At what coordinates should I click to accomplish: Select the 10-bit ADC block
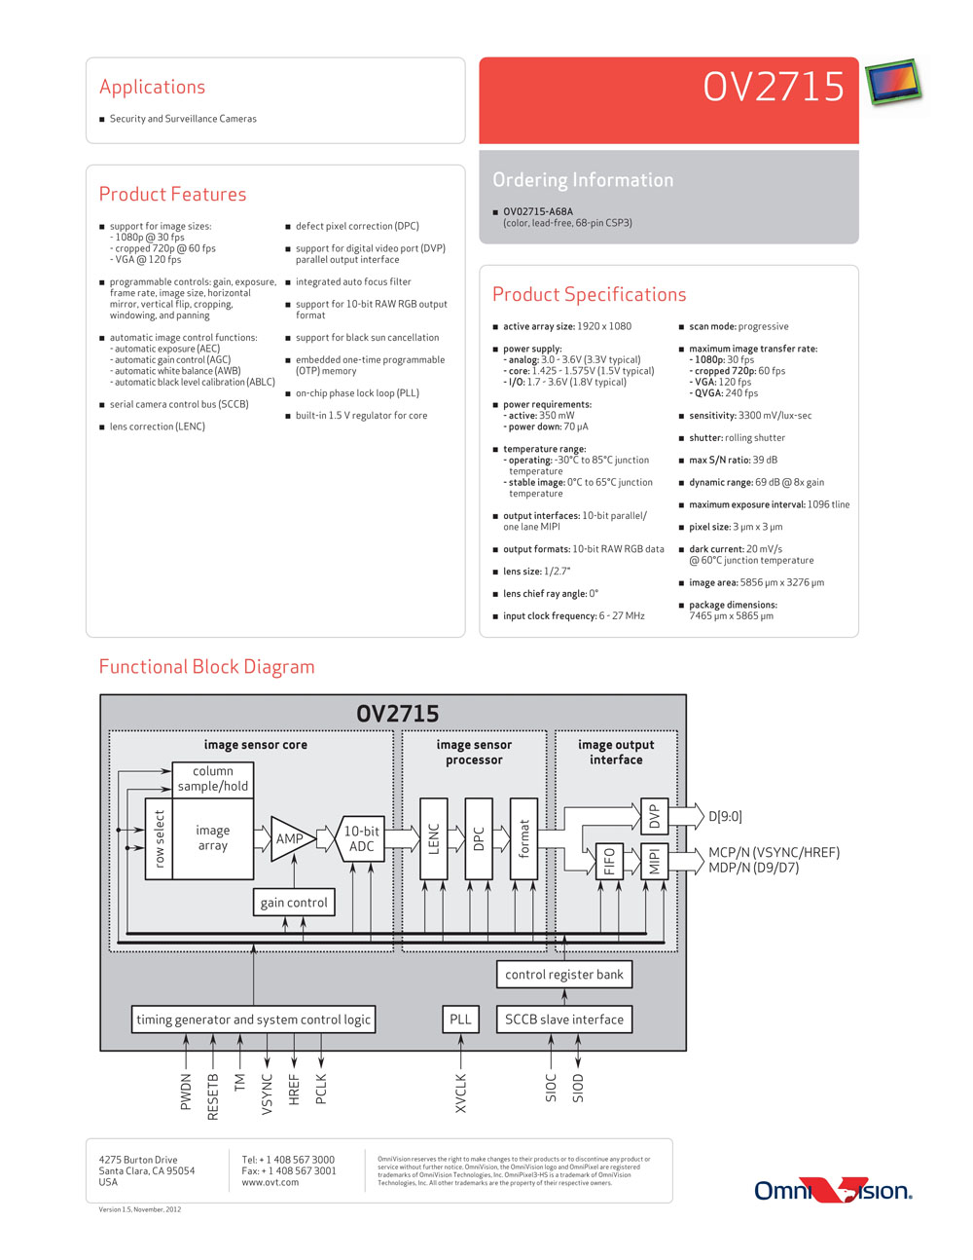click(x=360, y=837)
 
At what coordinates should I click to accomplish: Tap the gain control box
click(x=294, y=903)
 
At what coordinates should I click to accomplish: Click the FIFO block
click(x=609, y=861)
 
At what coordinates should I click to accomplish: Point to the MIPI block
click(x=655, y=861)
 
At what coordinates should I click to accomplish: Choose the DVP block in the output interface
click(x=655, y=816)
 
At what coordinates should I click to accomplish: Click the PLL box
click(x=460, y=1019)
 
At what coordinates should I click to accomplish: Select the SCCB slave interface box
click(x=564, y=1019)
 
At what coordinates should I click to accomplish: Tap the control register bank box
click(x=564, y=974)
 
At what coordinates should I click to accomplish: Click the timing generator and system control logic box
click(x=253, y=1019)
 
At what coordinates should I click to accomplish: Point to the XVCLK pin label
click(x=460, y=1093)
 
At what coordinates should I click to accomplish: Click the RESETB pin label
click(x=212, y=1096)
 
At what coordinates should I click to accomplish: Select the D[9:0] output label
click(x=725, y=816)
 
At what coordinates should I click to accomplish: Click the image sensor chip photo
click(x=893, y=83)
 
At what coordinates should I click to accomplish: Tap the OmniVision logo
click(x=834, y=1191)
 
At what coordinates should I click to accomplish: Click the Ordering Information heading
click(x=583, y=180)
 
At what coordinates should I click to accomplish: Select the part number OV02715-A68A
click(x=538, y=211)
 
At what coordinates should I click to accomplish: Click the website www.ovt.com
click(x=270, y=1182)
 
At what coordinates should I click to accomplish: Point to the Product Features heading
click(x=172, y=194)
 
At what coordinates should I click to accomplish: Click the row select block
click(x=159, y=838)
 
